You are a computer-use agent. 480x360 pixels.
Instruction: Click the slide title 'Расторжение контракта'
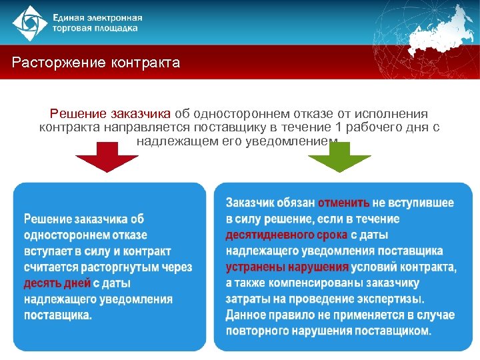[x=96, y=63]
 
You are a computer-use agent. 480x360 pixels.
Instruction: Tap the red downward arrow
[x=106, y=160]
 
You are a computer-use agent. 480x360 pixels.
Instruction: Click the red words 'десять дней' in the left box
[x=57, y=283]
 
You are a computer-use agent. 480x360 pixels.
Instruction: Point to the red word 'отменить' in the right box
[x=343, y=203]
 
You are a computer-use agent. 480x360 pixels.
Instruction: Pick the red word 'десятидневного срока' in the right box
[x=287, y=235]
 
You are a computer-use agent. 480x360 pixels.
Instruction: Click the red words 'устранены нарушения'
[x=287, y=267]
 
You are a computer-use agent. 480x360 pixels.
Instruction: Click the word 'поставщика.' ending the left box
[x=58, y=315]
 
